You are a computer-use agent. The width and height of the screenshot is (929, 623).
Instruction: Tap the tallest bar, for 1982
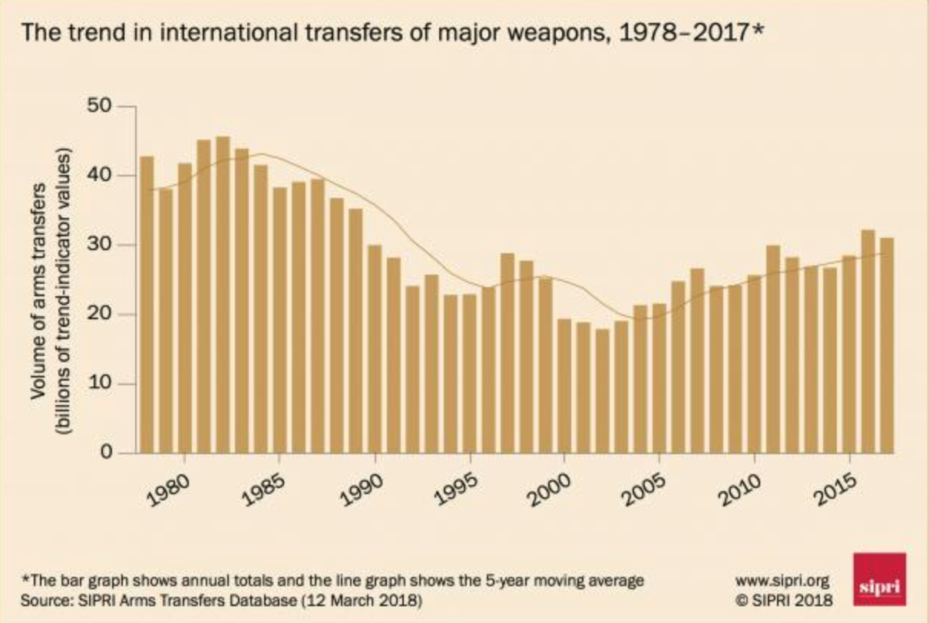[223, 295]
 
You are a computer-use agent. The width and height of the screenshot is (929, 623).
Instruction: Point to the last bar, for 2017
[887, 345]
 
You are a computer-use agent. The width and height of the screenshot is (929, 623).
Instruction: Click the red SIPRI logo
[879, 579]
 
